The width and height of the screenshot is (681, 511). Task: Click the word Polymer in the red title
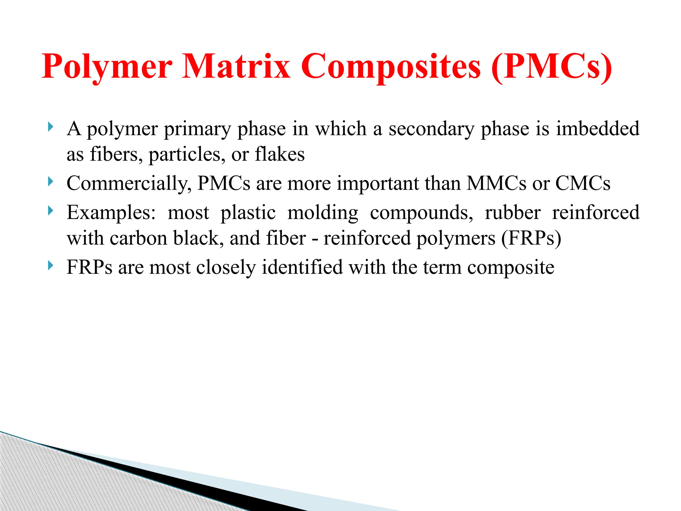point(107,67)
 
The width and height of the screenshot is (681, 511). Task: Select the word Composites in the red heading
point(391,67)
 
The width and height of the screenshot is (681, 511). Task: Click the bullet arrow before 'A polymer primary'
point(50,127)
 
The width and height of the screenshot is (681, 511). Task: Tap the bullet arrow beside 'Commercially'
point(50,182)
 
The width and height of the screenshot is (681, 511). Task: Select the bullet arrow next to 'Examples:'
point(50,211)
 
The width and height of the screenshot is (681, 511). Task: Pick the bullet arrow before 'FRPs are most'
point(50,265)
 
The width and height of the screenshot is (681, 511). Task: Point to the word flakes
point(280,154)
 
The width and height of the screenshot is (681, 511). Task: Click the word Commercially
point(129,183)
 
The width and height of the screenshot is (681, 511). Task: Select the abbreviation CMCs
point(583,183)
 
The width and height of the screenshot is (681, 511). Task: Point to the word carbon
point(138,238)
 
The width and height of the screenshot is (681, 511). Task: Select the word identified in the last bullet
point(302,267)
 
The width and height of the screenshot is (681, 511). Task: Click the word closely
point(226,267)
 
